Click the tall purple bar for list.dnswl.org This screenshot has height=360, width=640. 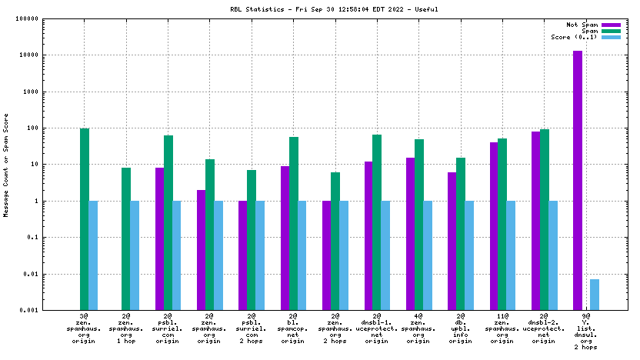(x=578, y=180)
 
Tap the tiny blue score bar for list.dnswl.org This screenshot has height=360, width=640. (x=595, y=295)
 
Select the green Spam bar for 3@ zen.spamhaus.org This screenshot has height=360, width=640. (x=85, y=219)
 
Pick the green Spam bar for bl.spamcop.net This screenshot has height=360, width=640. (x=293, y=223)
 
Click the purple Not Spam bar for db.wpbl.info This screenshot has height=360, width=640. (x=452, y=241)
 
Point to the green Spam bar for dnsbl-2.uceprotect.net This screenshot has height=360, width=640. (x=544, y=219)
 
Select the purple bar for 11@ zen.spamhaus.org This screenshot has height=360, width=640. (x=494, y=226)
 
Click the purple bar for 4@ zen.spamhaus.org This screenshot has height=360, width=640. (x=410, y=234)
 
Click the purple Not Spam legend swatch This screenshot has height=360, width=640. (x=611, y=25)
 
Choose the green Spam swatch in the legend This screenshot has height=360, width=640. (x=611, y=31)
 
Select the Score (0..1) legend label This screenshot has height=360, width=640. (x=573, y=37)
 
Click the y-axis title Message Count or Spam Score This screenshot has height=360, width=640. (x=6, y=165)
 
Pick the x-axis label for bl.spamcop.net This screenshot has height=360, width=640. (x=293, y=329)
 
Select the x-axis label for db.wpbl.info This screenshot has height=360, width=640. (x=460, y=329)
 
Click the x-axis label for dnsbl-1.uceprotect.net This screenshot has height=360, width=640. (x=377, y=329)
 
